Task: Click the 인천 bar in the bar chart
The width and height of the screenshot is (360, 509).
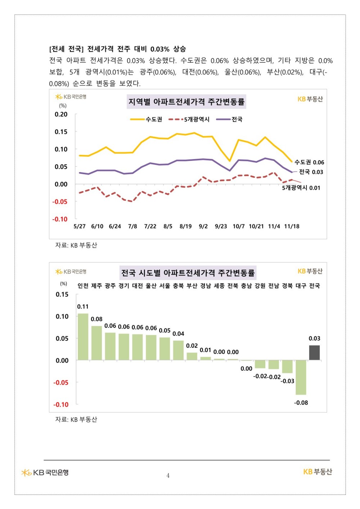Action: click(x=83, y=337)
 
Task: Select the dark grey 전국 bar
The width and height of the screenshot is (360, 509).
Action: click(x=314, y=353)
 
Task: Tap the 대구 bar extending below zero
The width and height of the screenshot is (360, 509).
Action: click(x=301, y=378)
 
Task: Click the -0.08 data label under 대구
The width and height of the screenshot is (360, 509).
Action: click(x=301, y=403)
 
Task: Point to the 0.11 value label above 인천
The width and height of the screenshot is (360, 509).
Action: click(x=83, y=307)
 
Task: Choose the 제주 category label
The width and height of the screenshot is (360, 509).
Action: click(x=96, y=285)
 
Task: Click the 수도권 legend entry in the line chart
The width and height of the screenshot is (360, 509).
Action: click(x=146, y=119)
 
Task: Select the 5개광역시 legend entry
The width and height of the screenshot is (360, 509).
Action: click(x=189, y=119)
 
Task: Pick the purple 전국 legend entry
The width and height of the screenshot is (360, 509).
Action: click(x=229, y=119)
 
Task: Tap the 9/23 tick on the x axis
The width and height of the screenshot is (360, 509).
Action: click(x=221, y=226)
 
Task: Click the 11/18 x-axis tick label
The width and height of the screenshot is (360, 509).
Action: click(x=292, y=226)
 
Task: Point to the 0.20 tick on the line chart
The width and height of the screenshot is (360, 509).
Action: click(x=61, y=114)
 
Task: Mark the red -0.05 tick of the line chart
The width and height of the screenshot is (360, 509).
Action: click(x=60, y=202)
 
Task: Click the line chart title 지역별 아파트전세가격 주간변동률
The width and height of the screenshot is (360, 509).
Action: click(x=186, y=102)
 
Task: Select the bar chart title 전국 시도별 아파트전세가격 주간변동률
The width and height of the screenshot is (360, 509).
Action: click(x=188, y=273)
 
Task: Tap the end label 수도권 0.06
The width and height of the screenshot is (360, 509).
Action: click(x=309, y=162)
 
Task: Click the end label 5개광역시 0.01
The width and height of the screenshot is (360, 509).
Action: click(x=301, y=188)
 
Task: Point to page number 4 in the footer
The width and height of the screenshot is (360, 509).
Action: click(x=168, y=476)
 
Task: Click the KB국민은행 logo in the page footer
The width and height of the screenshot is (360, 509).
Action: click(x=45, y=473)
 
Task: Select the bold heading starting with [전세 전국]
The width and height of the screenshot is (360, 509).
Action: click(x=117, y=49)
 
